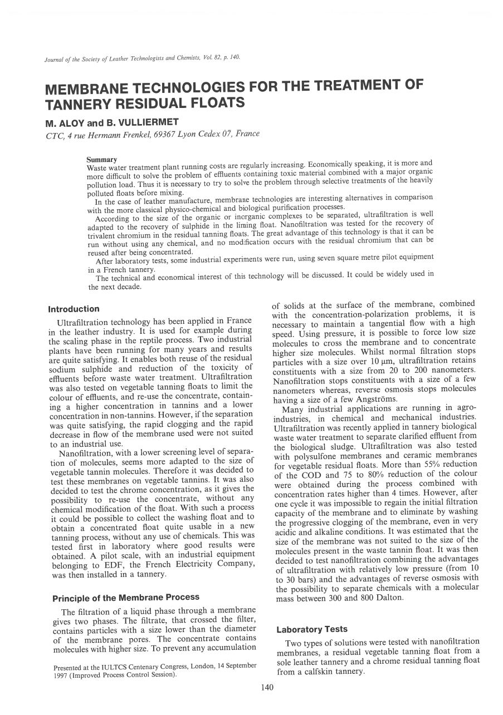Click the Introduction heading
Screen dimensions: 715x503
coord(74,309)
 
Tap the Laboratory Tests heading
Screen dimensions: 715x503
coord(312,629)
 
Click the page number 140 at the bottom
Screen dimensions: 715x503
coord(267,688)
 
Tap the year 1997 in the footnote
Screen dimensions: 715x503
coord(61,675)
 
